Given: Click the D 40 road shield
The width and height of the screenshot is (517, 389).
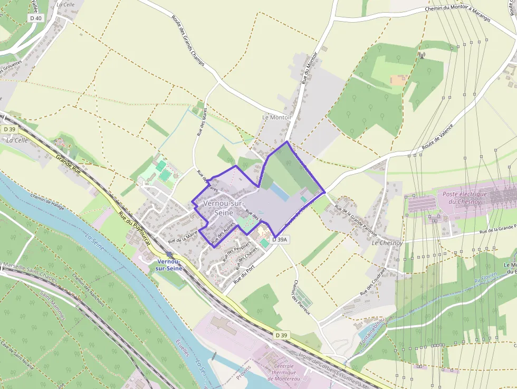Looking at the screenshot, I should click(36, 18).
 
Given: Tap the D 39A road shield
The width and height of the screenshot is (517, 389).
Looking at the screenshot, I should click(280, 240).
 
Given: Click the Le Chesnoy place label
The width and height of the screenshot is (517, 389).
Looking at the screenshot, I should click(387, 243).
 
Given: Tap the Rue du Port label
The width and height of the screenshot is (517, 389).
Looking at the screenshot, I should click(248, 270).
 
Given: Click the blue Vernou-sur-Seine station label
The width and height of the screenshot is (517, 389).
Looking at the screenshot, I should click(169, 265).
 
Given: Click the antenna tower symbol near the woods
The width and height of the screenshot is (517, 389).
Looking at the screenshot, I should click(421, 54).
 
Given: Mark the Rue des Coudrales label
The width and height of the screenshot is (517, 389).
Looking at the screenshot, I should click(373, 281).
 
